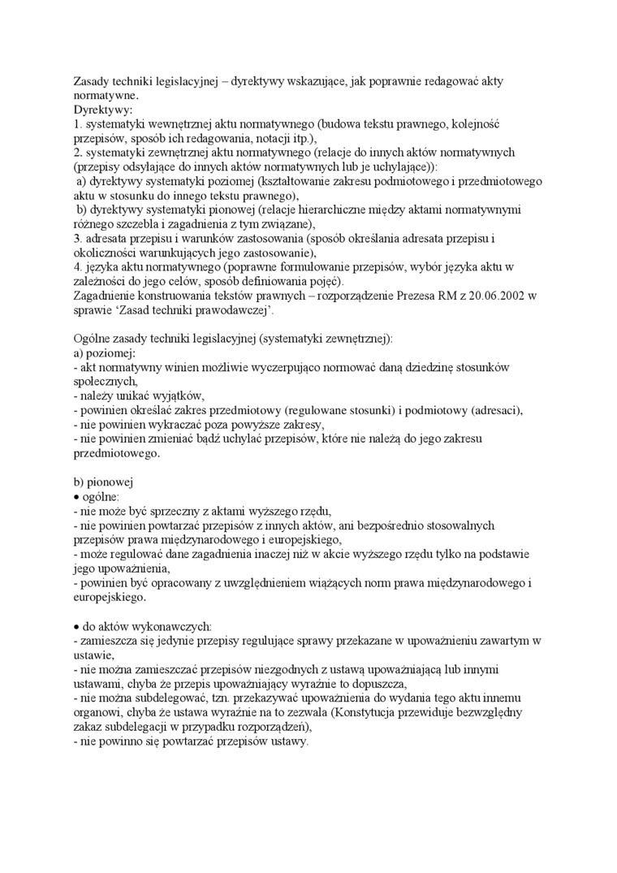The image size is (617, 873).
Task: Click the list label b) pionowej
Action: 103,481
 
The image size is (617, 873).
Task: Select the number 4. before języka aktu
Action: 79,266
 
